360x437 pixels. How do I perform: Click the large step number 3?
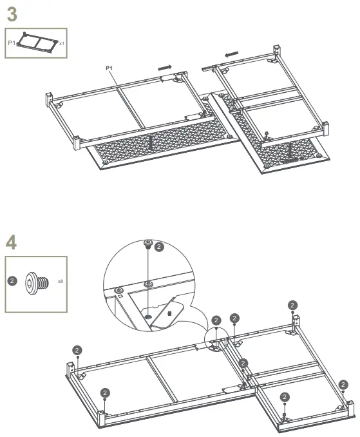coord(12,14)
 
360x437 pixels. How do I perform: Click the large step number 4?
coord(12,243)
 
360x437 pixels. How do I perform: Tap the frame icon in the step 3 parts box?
coord(37,43)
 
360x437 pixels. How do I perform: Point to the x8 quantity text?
coord(60,282)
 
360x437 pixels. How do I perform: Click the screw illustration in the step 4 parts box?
coord(35,282)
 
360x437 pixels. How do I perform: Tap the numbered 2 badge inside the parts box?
coord(12,282)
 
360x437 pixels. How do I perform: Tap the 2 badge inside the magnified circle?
coord(160,246)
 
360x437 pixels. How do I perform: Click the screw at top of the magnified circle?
coord(148,245)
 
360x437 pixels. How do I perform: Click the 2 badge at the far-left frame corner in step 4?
coord(77,349)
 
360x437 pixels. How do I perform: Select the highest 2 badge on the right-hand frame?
coord(293,305)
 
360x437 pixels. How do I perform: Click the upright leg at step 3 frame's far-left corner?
coord(48,100)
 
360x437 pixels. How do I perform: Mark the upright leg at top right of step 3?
coord(277,50)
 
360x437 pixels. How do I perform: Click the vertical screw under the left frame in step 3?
coord(149,142)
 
